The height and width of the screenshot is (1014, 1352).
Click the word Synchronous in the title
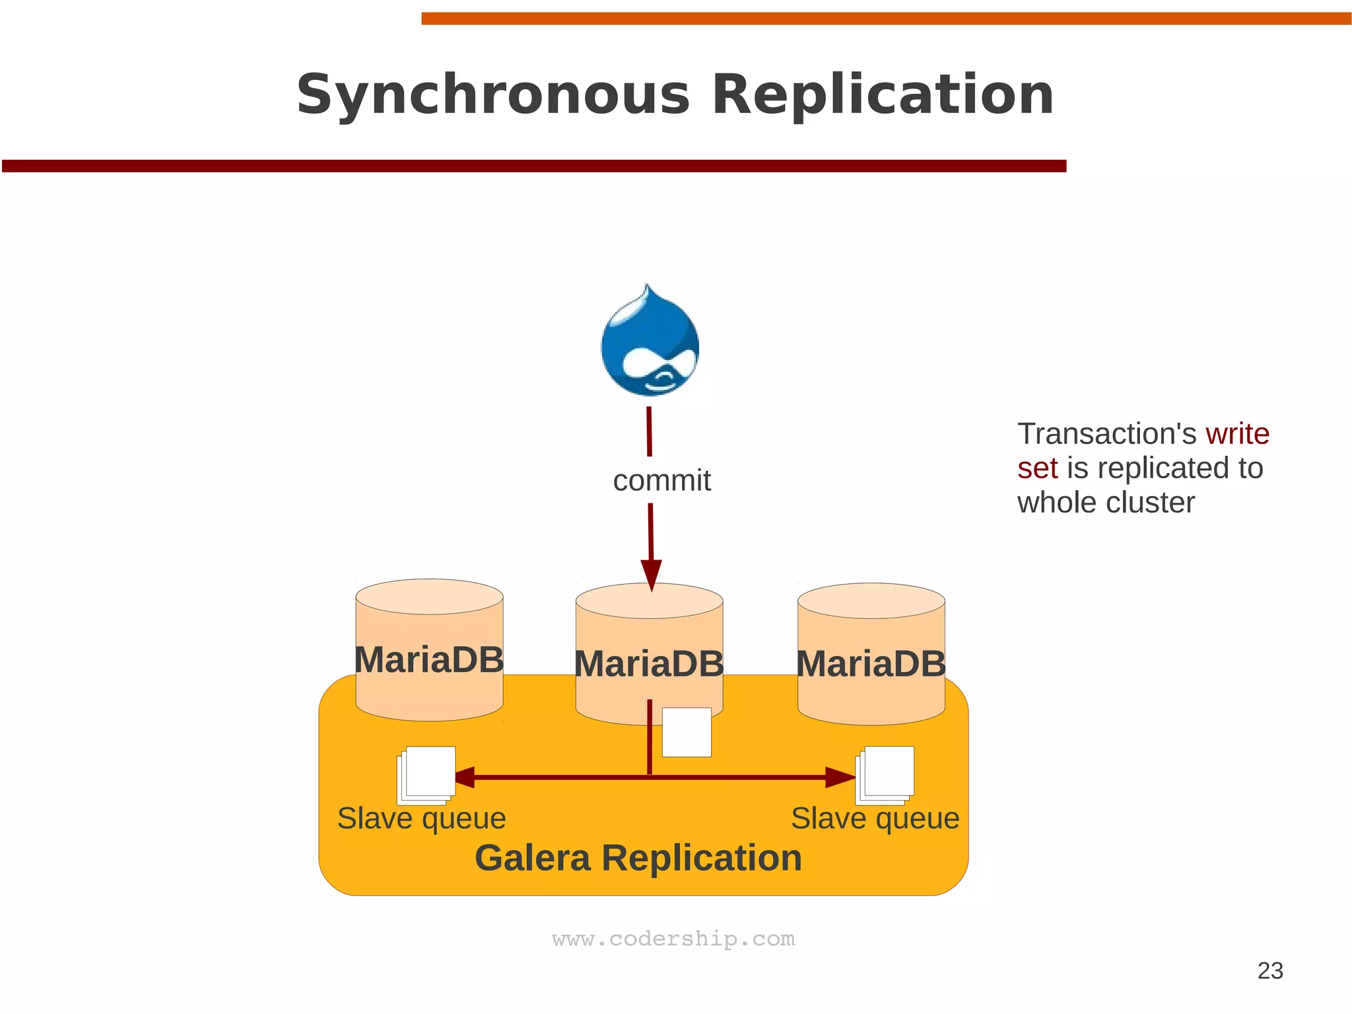pyautogui.click(x=492, y=95)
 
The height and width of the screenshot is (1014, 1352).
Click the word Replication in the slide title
pyautogui.click(x=883, y=95)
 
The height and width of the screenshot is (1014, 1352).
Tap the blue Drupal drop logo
pyautogui.click(x=650, y=343)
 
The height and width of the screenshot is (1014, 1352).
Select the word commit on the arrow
pyautogui.click(x=661, y=481)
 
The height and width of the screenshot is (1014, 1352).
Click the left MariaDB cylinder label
pyautogui.click(x=429, y=660)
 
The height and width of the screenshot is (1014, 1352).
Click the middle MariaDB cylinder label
pyautogui.click(x=649, y=664)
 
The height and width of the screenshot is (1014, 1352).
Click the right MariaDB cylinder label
pyautogui.click(x=871, y=664)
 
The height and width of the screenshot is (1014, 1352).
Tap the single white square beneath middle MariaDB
pyautogui.click(x=687, y=732)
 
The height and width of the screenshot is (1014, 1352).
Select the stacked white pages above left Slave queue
pyautogui.click(x=427, y=774)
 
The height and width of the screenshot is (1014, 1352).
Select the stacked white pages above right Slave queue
pyautogui.click(x=886, y=774)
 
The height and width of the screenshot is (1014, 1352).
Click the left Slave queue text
pyautogui.click(x=421, y=818)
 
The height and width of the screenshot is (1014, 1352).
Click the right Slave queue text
pyautogui.click(x=875, y=818)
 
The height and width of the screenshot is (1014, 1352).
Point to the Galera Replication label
pyautogui.click(x=638, y=858)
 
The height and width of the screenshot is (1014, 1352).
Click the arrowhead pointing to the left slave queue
pyautogui.click(x=464, y=778)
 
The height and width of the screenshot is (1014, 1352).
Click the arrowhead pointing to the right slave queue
pyautogui.click(x=840, y=778)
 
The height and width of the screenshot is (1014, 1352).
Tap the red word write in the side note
pyautogui.click(x=1237, y=434)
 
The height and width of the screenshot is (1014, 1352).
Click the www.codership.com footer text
pyautogui.click(x=673, y=939)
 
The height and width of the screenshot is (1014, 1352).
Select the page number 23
pyautogui.click(x=1269, y=970)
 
